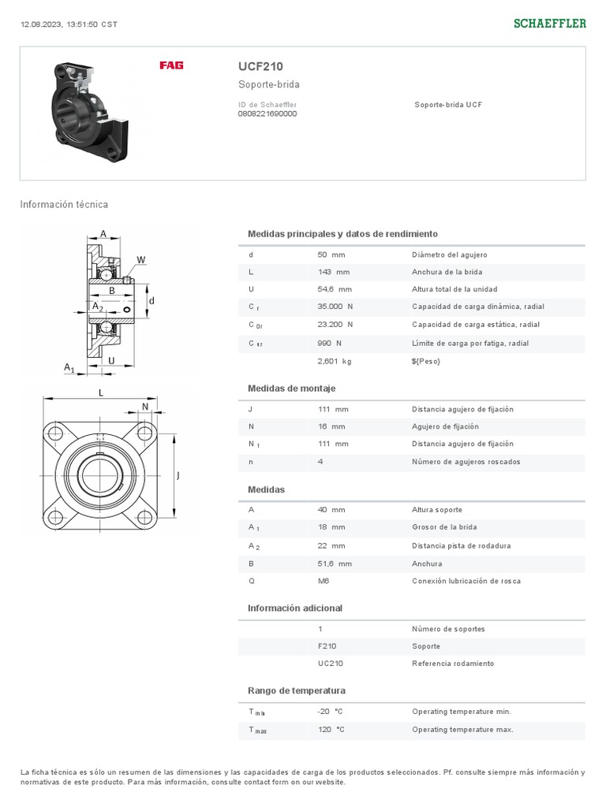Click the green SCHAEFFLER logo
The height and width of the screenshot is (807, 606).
tap(550, 24)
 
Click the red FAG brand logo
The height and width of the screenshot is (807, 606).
tap(171, 65)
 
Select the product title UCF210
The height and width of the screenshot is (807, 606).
tap(260, 67)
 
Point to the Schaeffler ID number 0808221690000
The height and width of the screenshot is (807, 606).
tap(267, 113)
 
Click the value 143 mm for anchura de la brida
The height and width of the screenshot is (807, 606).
tap(332, 272)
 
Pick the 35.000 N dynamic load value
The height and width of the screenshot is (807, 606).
tap(335, 307)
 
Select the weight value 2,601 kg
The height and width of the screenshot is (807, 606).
tap(334, 361)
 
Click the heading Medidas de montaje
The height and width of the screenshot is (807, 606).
tap(291, 389)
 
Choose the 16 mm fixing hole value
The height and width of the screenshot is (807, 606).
tap(331, 426)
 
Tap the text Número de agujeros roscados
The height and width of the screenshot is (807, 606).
tap(466, 462)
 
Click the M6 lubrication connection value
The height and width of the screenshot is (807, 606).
tap(324, 581)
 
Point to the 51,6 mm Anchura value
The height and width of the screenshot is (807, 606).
tap(335, 563)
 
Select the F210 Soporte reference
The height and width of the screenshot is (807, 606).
tap(327, 646)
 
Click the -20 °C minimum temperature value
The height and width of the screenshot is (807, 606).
tap(330, 712)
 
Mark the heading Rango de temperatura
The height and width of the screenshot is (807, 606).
tap(297, 691)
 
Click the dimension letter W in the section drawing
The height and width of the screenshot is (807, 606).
tap(140, 260)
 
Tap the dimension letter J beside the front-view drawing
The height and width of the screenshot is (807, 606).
tap(178, 475)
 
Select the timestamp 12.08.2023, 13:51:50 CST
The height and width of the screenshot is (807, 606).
tap(69, 24)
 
